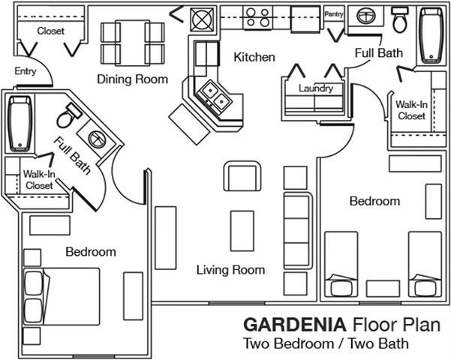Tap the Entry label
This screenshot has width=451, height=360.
point(25,72)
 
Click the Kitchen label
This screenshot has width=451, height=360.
point(254,57)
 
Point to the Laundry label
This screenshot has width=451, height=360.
point(315,88)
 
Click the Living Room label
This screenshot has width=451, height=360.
point(230,270)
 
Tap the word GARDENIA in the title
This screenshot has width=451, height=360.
point(293,325)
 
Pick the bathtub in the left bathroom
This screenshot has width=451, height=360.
point(19,121)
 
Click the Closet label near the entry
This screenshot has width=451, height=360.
point(50,31)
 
